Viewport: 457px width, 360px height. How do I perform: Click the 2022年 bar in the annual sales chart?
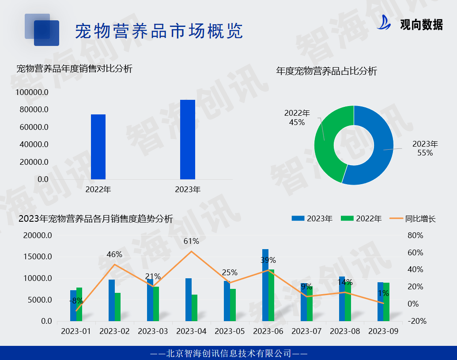pos(98,147)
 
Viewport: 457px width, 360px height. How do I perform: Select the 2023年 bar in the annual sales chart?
pos(188,140)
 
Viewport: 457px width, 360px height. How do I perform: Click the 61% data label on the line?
pos(191,241)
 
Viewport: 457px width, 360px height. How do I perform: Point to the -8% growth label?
pos(76,301)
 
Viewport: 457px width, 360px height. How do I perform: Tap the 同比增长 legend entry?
pos(414,219)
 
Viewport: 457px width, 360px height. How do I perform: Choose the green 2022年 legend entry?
pos(363,219)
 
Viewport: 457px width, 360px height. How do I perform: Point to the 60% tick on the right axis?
pos(415,253)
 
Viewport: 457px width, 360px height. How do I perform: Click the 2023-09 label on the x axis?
pos(383,331)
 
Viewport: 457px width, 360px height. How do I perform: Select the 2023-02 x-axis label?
pos(114,331)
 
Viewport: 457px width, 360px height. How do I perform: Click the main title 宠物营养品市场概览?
pos(159,31)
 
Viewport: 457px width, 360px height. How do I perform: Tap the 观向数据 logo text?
pos(421,25)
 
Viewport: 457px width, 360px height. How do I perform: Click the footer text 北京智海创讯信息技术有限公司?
pos(229,353)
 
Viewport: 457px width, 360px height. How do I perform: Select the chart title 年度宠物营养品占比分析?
pos(326,71)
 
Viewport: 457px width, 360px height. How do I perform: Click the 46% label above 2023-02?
pos(114,254)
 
